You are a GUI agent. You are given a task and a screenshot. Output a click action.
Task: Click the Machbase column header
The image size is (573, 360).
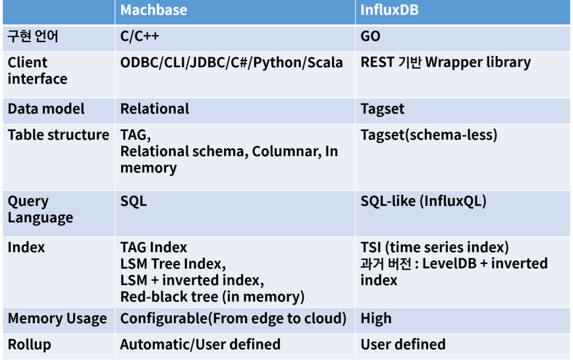tap(153, 10)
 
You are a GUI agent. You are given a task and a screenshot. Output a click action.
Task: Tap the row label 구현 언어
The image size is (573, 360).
tap(33, 36)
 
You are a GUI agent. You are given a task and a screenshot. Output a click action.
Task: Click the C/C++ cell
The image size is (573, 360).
tap(140, 36)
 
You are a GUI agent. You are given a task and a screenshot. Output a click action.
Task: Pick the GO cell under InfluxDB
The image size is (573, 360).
tap(371, 36)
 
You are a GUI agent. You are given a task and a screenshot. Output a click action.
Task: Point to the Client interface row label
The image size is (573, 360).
tap(38, 70)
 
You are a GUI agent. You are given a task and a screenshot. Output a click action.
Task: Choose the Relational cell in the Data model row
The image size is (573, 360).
tap(155, 109)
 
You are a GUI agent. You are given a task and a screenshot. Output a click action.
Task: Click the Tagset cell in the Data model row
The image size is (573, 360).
tap(383, 109)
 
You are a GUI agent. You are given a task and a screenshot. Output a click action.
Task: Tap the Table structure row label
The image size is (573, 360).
tap(59, 135)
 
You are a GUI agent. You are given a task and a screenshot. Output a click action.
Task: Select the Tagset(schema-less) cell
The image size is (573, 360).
tap(429, 135)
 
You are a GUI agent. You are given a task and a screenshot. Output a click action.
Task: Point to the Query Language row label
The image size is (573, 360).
tap(40, 209)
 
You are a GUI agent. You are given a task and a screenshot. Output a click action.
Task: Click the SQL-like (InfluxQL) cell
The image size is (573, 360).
tap(423, 201)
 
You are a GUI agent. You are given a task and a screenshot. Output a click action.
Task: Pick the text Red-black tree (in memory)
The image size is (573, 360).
tap(212, 297)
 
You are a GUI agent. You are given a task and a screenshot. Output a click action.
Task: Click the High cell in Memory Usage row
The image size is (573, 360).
tap(376, 319)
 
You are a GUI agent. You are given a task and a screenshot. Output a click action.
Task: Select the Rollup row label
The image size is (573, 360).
tap(29, 344)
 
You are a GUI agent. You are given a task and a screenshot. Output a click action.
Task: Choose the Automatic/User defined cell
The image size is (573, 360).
tap(200, 344)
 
